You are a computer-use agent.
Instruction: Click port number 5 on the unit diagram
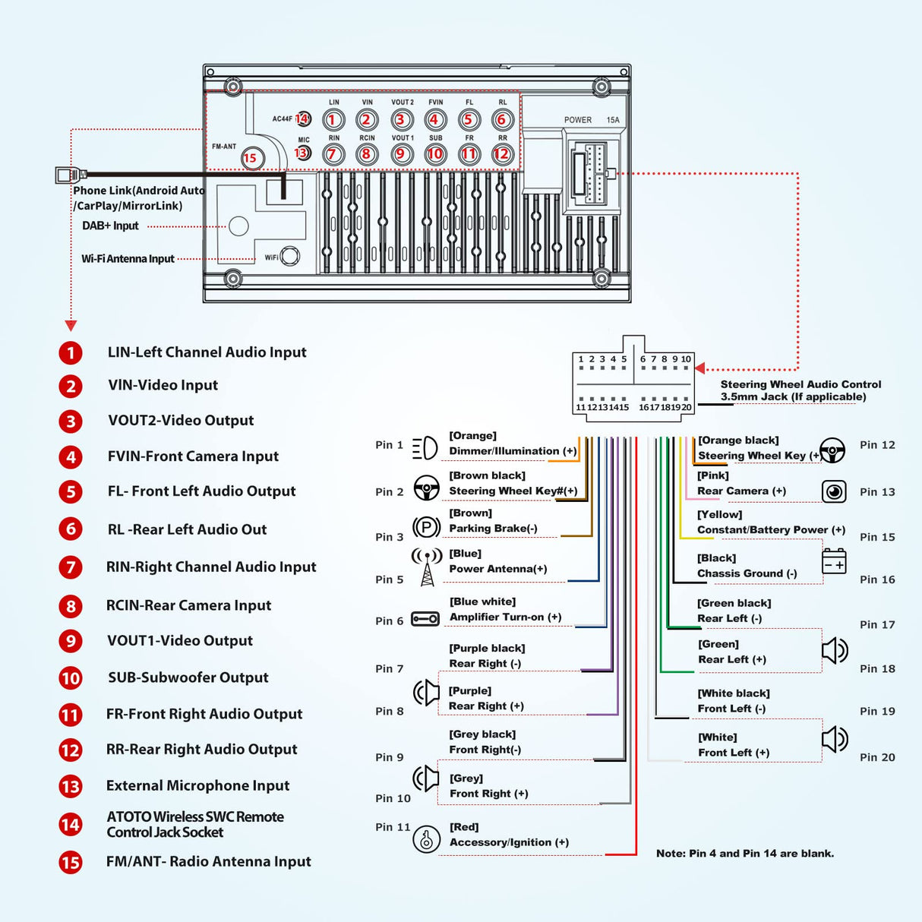pos(468,120)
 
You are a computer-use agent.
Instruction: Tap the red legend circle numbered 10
pos(71,677)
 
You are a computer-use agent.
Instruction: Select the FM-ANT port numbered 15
pos(251,158)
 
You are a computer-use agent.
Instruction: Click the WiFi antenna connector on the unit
pos(289,257)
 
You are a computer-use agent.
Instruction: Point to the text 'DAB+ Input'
pos(110,226)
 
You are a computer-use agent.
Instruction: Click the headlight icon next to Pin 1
pos(425,447)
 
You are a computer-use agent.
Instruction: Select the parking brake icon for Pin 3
pos(426,526)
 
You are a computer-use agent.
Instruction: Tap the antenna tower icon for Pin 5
pos(427,567)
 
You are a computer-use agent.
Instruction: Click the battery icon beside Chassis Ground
pos(834,561)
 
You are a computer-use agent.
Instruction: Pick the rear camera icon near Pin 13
pos(834,491)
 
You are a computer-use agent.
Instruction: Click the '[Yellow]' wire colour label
pos(719,515)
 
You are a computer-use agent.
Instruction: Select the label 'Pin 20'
pos(877,757)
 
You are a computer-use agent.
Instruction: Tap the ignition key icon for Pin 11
pos(426,840)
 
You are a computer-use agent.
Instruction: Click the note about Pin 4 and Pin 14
pos(744,854)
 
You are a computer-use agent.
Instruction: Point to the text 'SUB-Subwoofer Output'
pos(188,677)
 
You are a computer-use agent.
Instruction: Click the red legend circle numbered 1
pos(71,353)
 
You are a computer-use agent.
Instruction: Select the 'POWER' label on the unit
pos(577,120)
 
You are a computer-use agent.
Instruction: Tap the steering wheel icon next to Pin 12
pos(833,450)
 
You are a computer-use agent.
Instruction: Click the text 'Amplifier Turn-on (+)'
pos(505,617)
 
